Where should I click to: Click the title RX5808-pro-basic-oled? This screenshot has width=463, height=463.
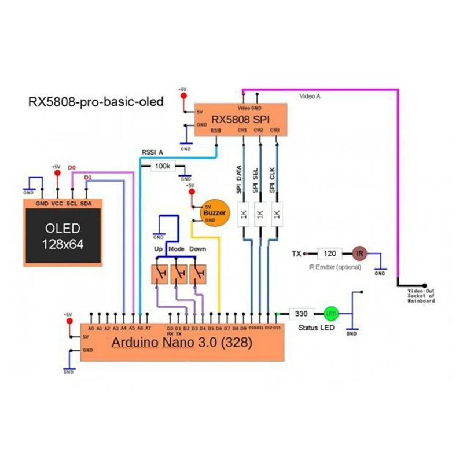tap(96, 102)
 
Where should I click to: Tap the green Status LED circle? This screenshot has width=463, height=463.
tap(331, 314)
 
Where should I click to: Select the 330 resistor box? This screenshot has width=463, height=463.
tap(301, 314)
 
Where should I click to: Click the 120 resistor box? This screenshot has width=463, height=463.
tap(330, 253)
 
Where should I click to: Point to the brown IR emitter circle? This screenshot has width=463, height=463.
tap(359, 253)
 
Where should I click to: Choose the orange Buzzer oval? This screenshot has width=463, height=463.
tap(214, 212)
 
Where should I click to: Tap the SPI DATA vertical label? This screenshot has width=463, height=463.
tap(238, 179)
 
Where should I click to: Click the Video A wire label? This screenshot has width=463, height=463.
tap(310, 97)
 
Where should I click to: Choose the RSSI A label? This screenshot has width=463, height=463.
tap(152, 152)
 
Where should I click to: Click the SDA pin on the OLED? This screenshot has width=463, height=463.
tap(86, 204)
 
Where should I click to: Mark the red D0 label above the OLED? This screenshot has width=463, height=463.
tap(72, 168)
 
